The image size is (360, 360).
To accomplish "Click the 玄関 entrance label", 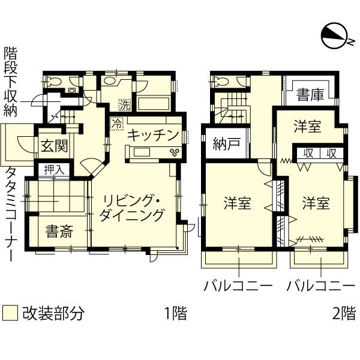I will pos(54,145).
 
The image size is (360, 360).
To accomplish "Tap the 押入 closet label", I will pos(55,170).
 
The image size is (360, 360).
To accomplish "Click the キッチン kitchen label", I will pos(154,134).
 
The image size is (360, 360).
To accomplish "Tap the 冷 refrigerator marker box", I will pos(116,124).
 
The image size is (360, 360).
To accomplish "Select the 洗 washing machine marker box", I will pos(124,103).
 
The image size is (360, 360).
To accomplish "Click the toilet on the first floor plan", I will pos(53,83).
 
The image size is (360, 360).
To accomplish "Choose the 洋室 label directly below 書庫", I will pos(307,127).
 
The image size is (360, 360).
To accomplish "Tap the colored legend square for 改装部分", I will pos(9,313).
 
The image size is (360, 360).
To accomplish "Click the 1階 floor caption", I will pos(175,313).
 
